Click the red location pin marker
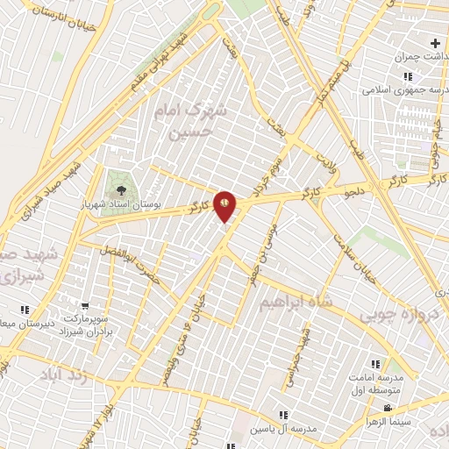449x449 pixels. tap(225, 204)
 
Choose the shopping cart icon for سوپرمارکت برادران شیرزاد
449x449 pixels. tap(85, 306)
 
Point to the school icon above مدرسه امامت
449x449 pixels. tap(374, 364)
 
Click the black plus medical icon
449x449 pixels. tap(436, 43)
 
